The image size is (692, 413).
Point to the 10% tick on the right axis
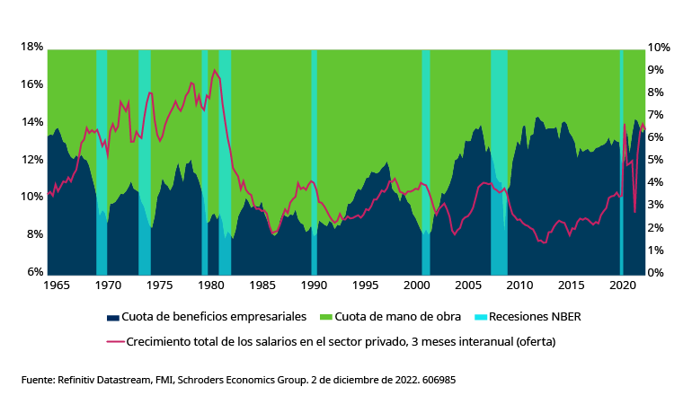click(659, 47)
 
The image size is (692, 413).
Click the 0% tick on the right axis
click(656, 272)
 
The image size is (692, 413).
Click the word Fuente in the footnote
click(38, 380)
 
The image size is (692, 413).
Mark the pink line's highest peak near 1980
click(214, 70)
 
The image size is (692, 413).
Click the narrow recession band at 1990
click(314, 162)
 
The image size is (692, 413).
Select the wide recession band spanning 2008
click(499, 162)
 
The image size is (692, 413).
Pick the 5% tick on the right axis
click(656, 160)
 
